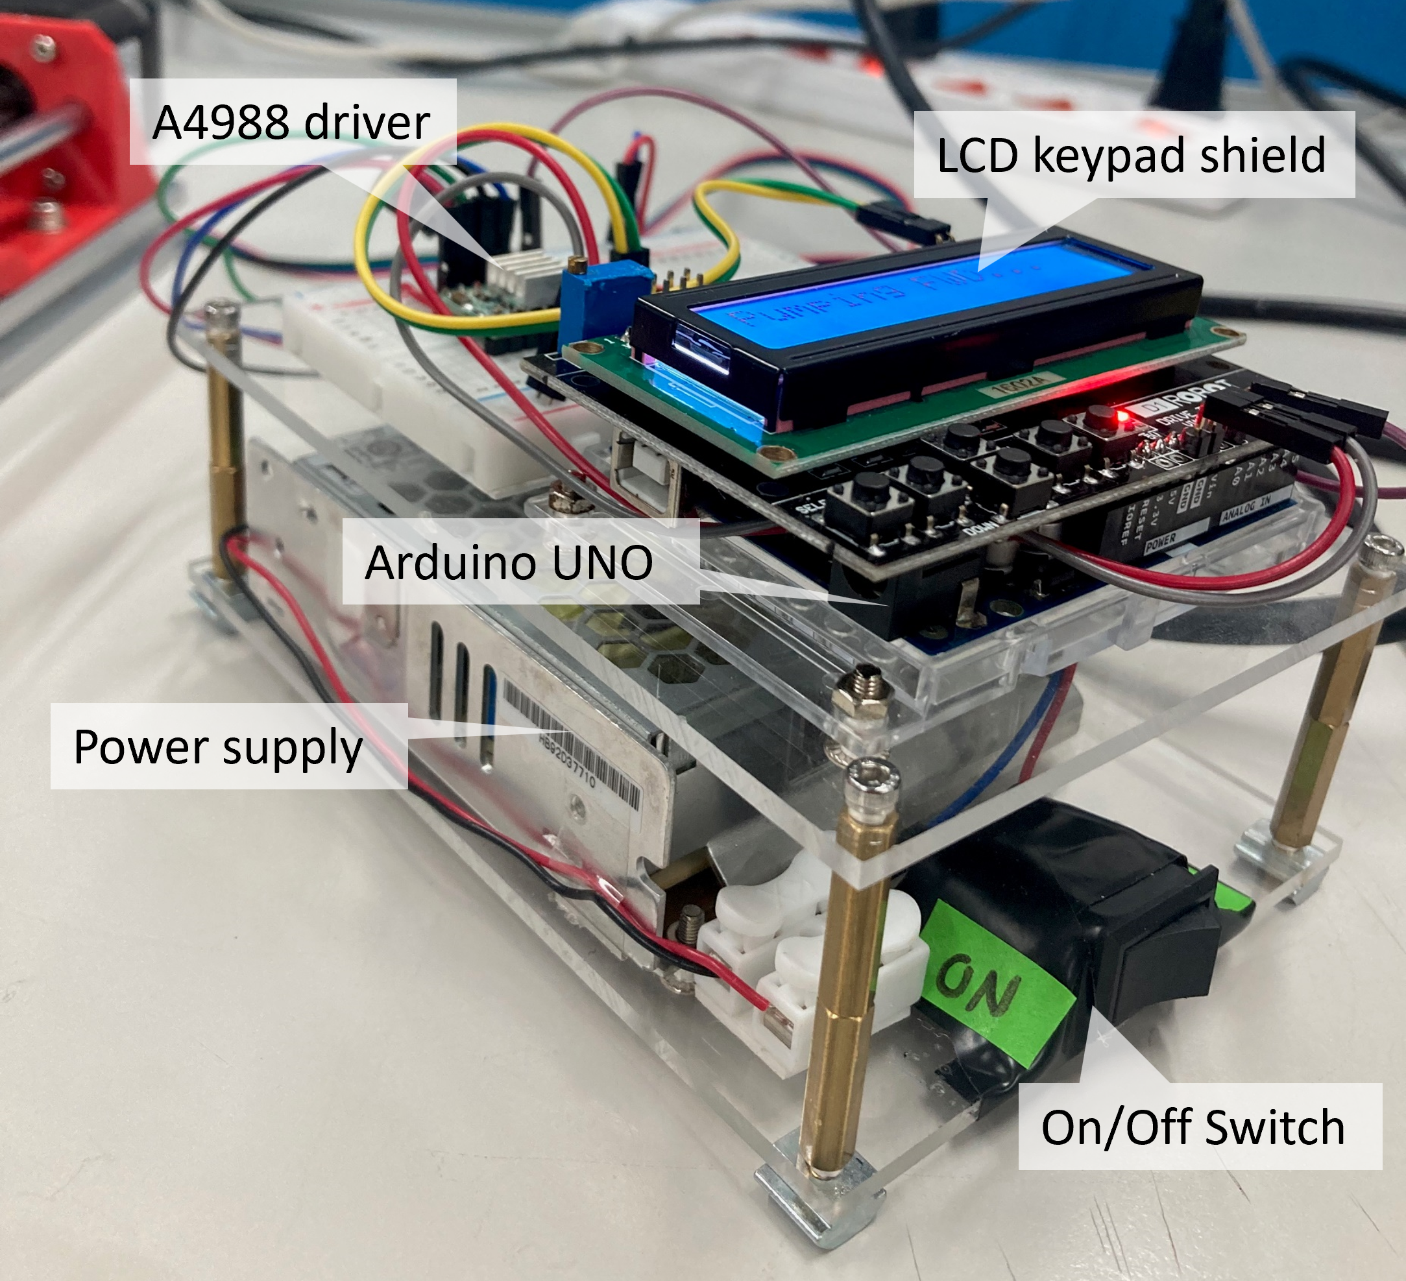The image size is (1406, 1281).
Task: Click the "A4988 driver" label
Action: [291, 122]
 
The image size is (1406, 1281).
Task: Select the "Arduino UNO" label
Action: [509, 562]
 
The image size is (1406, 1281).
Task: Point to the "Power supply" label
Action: [218, 747]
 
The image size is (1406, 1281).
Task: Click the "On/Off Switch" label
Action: [1193, 1127]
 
